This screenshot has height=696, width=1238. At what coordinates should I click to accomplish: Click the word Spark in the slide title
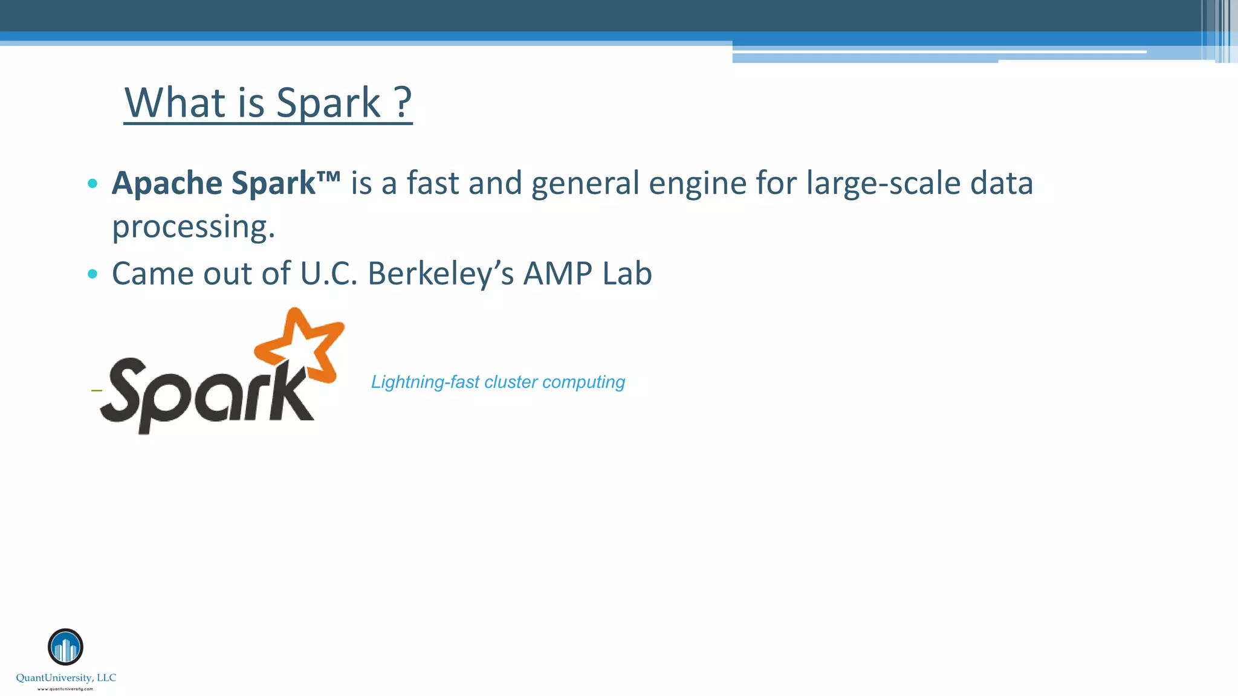pyautogui.click(x=328, y=103)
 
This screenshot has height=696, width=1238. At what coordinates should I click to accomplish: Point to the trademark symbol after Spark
pyautogui.click(x=328, y=176)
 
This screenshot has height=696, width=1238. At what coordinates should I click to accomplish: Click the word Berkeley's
pyautogui.click(x=441, y=273)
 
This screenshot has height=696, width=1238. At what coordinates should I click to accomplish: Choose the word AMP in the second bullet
pyautogui.click(x=557, y=273)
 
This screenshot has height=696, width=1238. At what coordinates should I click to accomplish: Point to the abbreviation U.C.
pyautogui.click(x=329, y=273)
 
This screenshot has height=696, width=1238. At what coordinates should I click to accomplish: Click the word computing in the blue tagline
pyautogui.click(x=584, y=382)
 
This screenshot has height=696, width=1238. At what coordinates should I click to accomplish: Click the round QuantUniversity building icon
pyautogui.click(x=65, y=647)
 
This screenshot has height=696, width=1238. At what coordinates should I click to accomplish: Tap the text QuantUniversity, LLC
pyautogui.click(x=66, y=678)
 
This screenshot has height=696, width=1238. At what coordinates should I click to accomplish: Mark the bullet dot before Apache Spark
pyautogui.click(x=92, y=183)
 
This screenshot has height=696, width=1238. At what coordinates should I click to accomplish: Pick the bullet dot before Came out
pyautogui.click(x=92, y=274)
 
